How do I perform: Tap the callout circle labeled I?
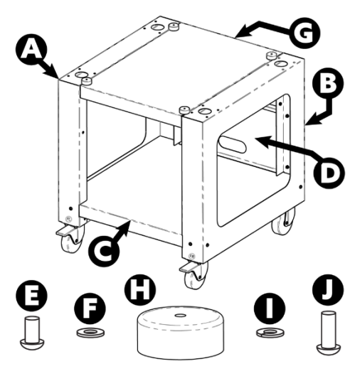[268, 307]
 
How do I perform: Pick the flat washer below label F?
[87, 333]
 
